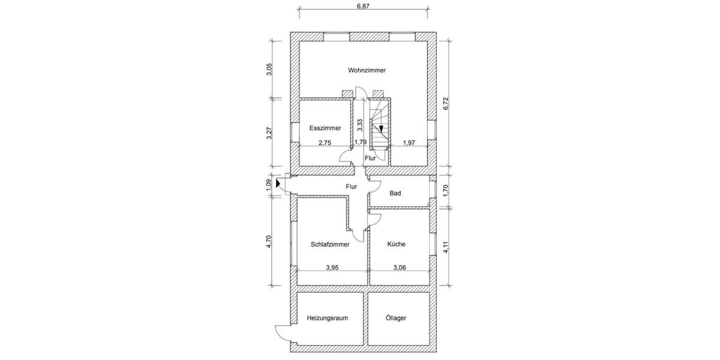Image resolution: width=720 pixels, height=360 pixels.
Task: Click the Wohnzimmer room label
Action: point(367,70)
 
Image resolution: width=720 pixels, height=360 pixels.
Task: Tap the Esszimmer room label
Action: point(325,128)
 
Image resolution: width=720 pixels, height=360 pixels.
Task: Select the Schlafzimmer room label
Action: point(330,244)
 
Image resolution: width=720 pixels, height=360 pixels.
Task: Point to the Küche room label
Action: point(396,244)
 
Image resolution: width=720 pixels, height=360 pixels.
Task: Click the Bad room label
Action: point(395,193)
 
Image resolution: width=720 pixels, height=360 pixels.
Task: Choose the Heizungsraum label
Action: point(327,318)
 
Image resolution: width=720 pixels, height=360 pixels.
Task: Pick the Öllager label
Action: point(396,318)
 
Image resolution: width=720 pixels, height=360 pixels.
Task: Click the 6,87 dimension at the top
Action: point(364,6)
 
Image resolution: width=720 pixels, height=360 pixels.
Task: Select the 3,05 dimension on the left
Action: point(270,70)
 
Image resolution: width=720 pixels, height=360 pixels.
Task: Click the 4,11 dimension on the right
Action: point(445,247)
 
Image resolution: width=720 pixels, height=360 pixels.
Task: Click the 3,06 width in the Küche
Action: point(400,268)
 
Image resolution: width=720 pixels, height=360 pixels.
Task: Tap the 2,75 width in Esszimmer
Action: point(325,142)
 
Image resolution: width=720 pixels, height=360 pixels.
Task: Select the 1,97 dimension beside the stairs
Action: point(409,142)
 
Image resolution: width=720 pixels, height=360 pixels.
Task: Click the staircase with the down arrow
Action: point(380,125)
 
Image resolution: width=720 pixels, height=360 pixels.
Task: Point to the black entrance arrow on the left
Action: point(277,184)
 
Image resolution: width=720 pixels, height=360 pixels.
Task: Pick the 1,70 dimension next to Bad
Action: point(445,191)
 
